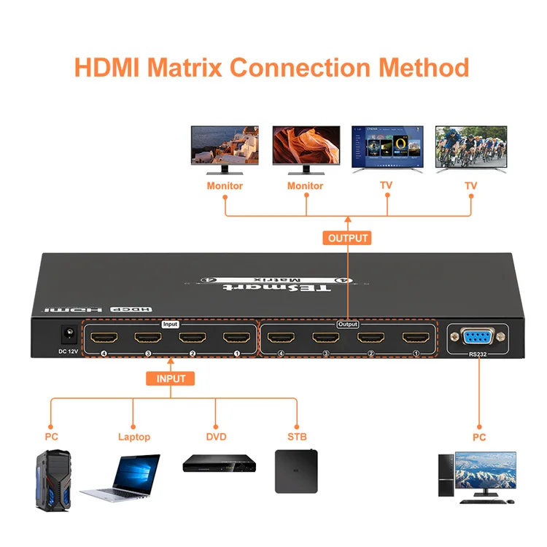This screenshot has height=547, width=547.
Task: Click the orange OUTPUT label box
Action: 348,238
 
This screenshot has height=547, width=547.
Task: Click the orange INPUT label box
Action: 171,379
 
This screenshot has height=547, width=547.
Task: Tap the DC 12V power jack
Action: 70,335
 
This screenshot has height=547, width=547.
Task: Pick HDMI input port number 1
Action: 236,338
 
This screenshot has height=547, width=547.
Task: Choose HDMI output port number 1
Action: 416,338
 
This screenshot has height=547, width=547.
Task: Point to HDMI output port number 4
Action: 282,338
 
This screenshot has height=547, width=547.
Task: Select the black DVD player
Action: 216,465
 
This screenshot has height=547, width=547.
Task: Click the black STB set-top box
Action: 297,470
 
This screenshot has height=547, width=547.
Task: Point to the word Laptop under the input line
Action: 133,437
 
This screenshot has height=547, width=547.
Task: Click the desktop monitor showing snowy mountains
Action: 485,473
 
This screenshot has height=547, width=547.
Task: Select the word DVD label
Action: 216,437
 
